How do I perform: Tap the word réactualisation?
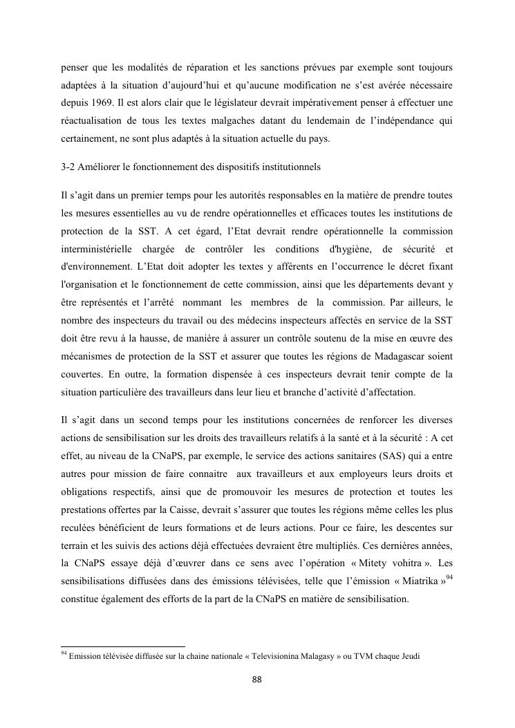pos(91,121)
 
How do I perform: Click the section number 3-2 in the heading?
pos(69,168)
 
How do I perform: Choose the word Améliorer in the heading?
pos(104,168)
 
